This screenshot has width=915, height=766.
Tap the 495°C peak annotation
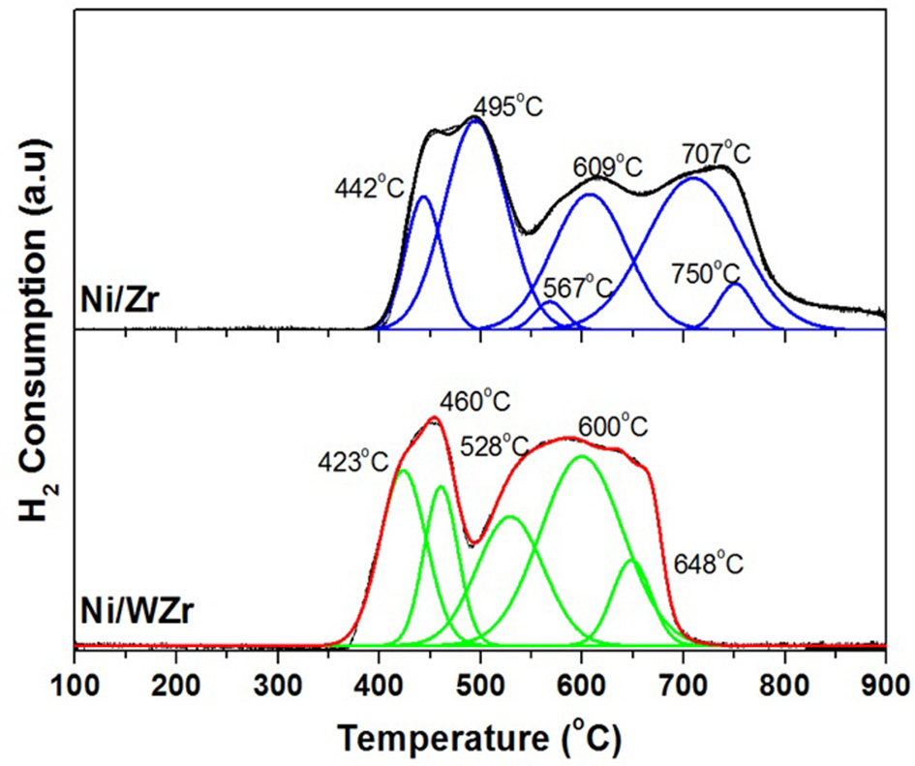pos(507,107)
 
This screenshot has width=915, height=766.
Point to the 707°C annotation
pos(716,153)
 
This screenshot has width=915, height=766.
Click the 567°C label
pos(578,288)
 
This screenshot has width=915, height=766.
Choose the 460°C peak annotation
pos(475,400)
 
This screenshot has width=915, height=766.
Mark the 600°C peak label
pos(613,425)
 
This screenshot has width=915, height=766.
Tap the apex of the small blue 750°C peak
pos(734,283)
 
